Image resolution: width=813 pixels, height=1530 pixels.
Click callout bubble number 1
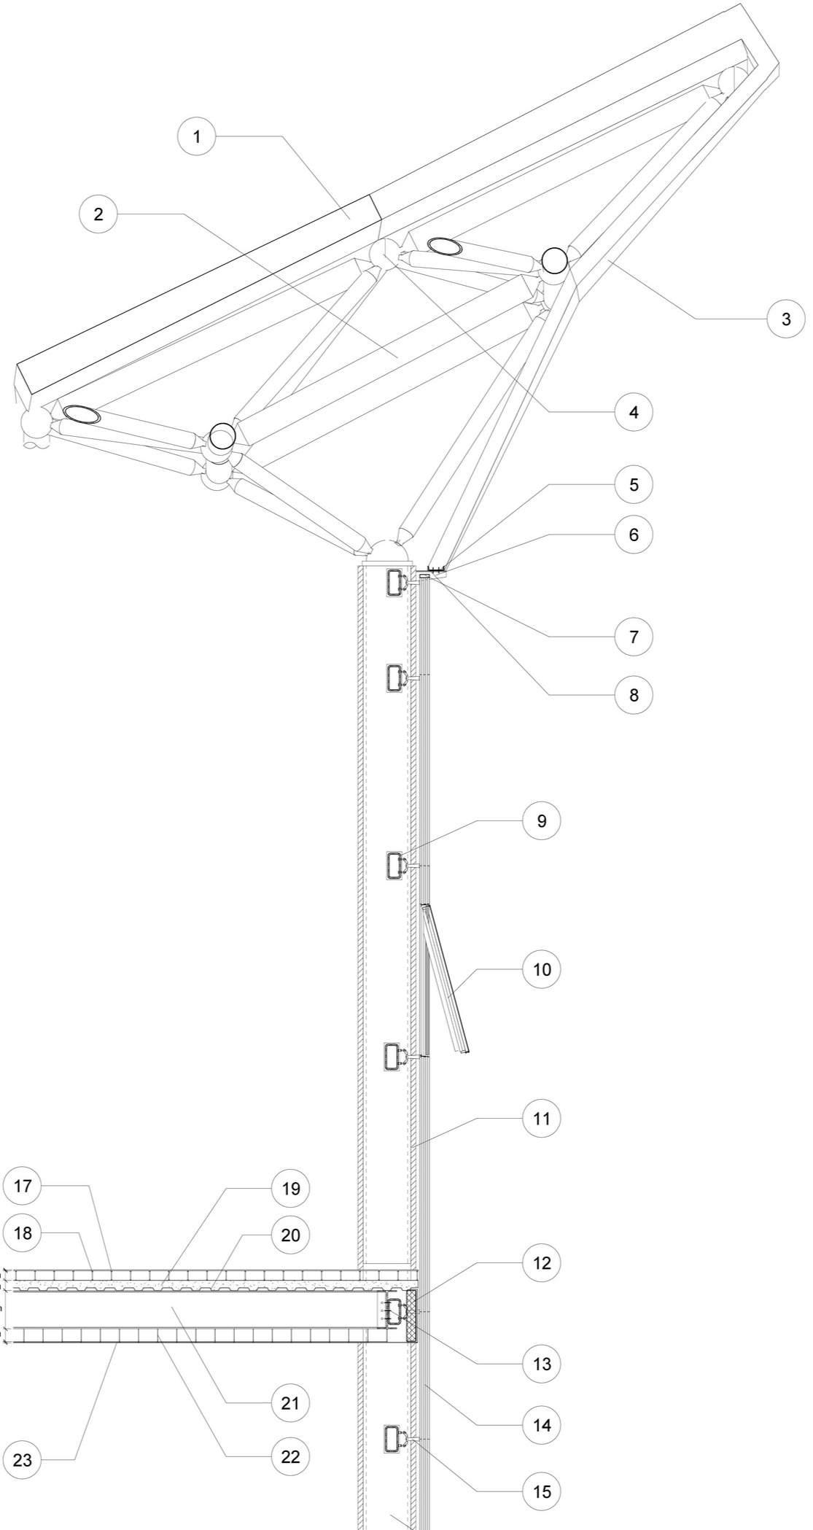pyautogui.click(x=196, y=136)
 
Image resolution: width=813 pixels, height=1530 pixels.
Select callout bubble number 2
pyautogui.click(x=98, y=214)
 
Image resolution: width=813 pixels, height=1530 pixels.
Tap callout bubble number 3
pyautogui.click(x=785, y=319)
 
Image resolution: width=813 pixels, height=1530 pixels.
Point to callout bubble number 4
pyautogui.click(x=633, y=412)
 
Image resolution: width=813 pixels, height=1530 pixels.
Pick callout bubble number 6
pyautogui.click(x=633, y=535)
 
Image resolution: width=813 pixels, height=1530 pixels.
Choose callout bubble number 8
pyautogui.click(x=633, y=695)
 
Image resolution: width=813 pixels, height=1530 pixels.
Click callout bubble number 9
pyautogui.click(x=541, y=820)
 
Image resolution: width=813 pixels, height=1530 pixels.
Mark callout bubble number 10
pyautogui.click(x=541, y=969)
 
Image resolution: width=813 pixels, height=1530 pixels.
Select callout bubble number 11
pyautogui.click(x=541, y=1118)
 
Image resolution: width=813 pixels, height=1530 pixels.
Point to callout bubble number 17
pyautogui.click(x=23, y=1186)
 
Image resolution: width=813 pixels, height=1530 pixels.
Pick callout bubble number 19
pyautogui.click(x=290, y=1188)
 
